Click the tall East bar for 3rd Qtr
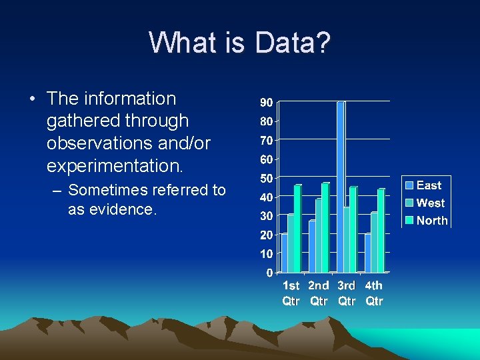[x=341, y=187]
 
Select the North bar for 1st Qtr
[x=298, y=228]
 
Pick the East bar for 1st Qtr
[x=285, y=253]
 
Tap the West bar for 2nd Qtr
[x=319, y=235]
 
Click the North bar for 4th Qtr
[x=381, y=230]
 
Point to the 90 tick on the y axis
[x=265, y=103]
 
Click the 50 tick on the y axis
[x=265, y=178]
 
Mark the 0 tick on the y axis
[x=269, y=273]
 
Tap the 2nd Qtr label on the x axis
[x=319, y=293]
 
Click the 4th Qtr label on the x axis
[x=375, y=293]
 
